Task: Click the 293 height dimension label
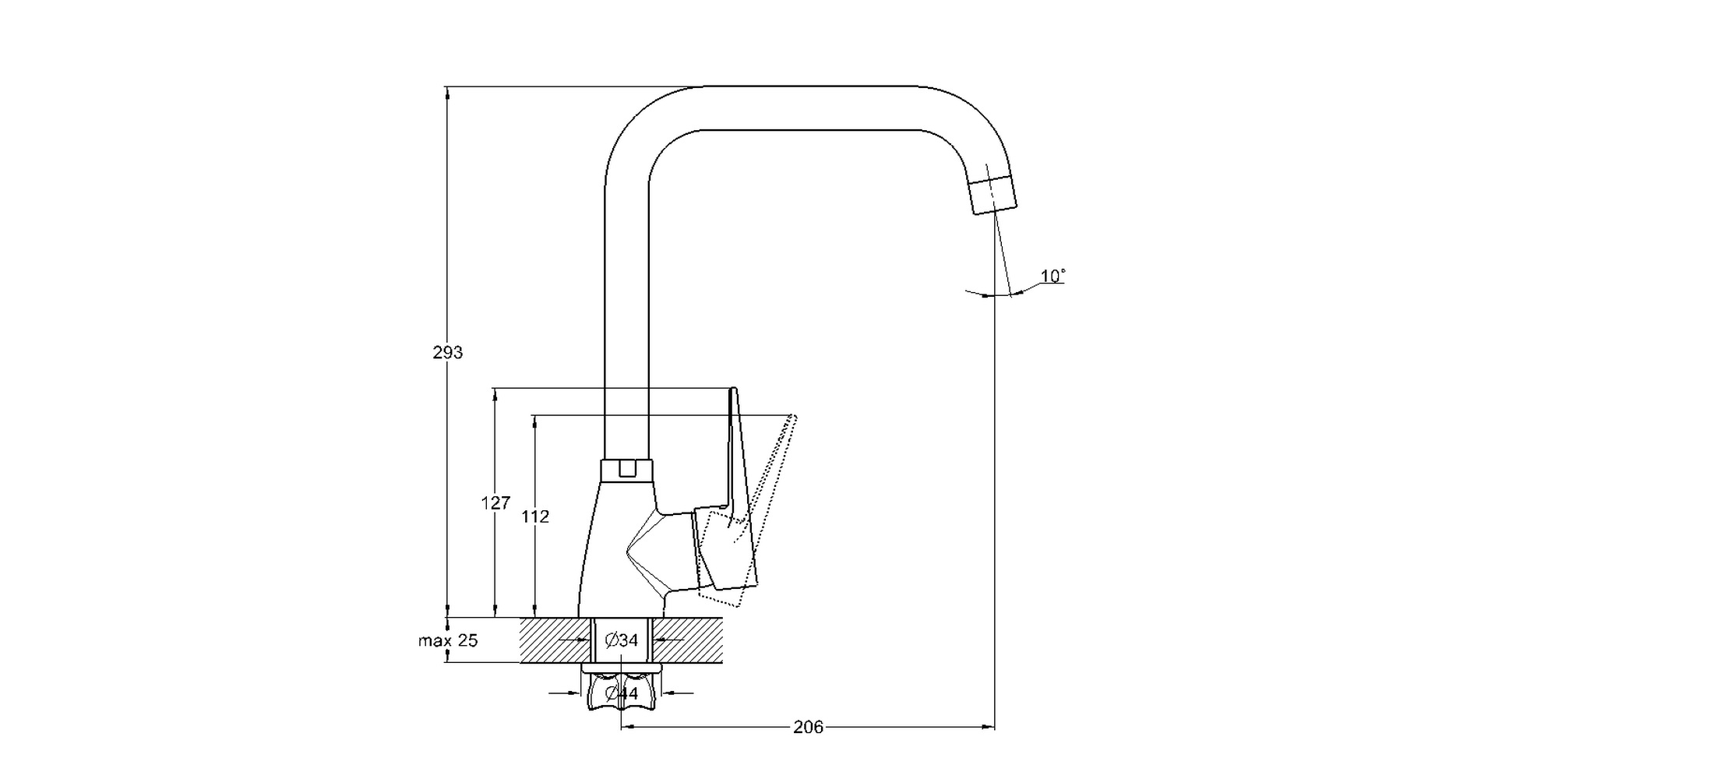pos(448,353)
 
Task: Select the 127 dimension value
pos(495,503)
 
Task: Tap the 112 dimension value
pos(535,516)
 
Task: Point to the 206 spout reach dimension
pos(808,728)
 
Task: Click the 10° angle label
pos(1052,277)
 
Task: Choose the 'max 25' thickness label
pos(448,641)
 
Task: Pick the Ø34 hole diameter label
pos(622,640)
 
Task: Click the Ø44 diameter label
pos(622,693)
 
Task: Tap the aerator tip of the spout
pos(994,194)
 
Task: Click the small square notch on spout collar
pos(626,468)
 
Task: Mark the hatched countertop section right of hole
pos(689,640)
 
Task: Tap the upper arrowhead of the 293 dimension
pos(447,93)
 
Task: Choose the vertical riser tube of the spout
pos(626,312)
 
